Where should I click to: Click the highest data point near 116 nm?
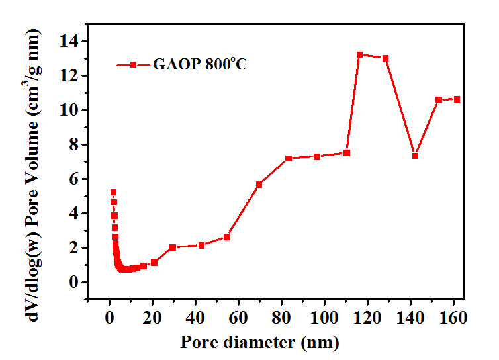tap(359, 55)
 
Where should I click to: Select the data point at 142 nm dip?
tap(415, 156)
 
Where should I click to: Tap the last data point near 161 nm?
tap(457, 99)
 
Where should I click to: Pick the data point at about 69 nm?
tap(259, 185)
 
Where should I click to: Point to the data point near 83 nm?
tap(289, 159)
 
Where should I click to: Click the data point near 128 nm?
tap(385, 58)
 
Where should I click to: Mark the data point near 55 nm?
tap(227, 237)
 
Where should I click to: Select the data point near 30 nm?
tap(173, 247)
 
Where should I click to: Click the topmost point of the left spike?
tap(113, 193)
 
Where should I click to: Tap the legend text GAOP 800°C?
tap(200, 65)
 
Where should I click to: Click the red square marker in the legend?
tap(133, 65)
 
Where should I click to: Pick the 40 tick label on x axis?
tap(195, 317)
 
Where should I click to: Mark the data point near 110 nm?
tap(346, 153)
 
